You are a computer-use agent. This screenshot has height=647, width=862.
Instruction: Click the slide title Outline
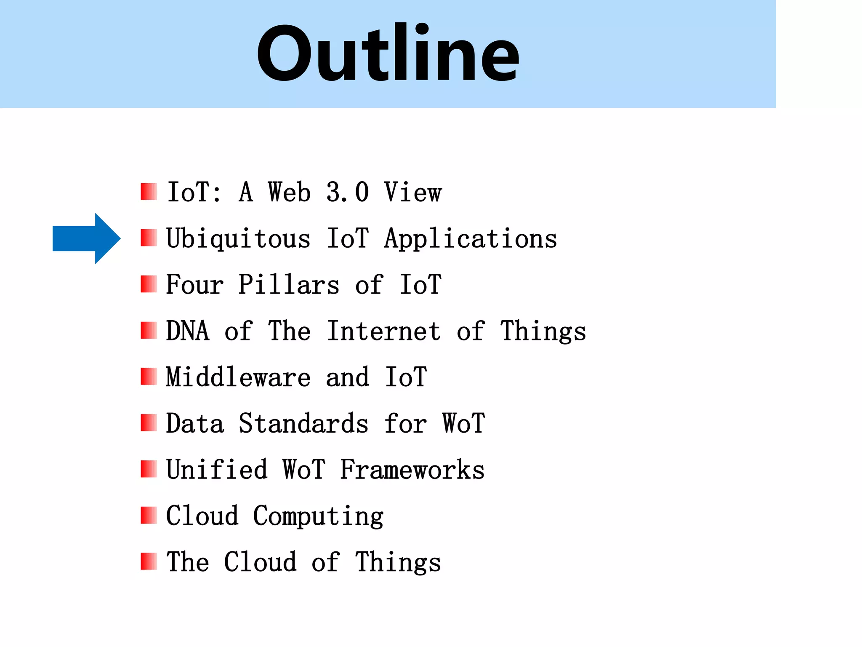[x=388, y=53]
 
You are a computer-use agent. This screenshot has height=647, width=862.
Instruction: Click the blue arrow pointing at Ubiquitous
[x=86, y=238]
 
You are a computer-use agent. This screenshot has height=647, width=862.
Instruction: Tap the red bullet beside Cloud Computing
[x=149, y=515]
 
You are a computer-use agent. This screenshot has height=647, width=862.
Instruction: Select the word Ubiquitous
[x=238, y=239]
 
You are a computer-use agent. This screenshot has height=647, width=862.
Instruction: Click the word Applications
[x=471, y=239]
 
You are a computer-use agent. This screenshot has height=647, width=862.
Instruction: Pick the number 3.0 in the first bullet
[x=348, y=192]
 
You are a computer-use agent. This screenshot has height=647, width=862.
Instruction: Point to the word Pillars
[x=289, y=285]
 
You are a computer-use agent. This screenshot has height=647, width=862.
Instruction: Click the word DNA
[x=188, y=331]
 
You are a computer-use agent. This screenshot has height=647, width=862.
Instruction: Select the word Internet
[x=384, y=331]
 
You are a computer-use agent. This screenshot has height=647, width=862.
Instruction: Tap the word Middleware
[x=238, y=377]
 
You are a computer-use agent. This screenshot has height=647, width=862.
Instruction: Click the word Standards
[x=303, y=423]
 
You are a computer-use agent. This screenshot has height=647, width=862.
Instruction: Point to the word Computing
[x=318, y=516]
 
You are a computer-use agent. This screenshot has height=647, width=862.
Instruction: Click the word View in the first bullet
[x=413, y=192]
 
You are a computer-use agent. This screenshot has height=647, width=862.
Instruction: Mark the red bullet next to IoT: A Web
[x=149, y=192]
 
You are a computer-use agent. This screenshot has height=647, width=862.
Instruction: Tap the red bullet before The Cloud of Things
[x=149, y=561]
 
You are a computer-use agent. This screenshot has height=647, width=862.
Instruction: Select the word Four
[x=194, y=285]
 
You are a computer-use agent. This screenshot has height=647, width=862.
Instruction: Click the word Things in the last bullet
[x=398, y=562]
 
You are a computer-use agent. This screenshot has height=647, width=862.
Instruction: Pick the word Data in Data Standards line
[x=194, y=423]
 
